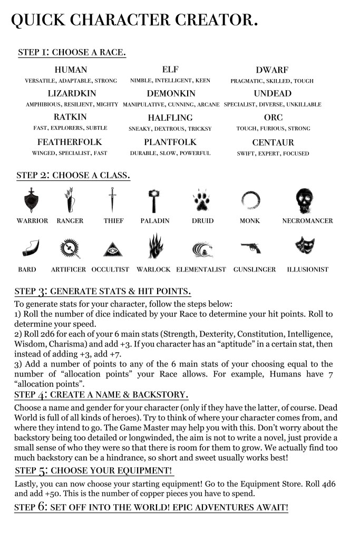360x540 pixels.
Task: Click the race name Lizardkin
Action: pos(71,93)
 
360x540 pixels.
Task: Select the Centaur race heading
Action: pos(273,142)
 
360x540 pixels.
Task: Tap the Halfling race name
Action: pos(170,118)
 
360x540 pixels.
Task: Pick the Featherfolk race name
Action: pos(70,142)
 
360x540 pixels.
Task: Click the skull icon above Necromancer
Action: pos(307,201)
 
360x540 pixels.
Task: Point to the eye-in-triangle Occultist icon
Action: pos(110,247)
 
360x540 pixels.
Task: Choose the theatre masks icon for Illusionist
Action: pos(307,246)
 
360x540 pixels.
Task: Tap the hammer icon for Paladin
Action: pos(155,201)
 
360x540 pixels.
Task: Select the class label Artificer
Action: pos(69,269)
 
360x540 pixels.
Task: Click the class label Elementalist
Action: pos(201,269)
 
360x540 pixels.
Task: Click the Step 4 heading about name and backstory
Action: pos(101,394)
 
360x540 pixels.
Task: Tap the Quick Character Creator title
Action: pos(134,20)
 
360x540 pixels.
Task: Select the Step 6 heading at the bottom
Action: pos(151,507)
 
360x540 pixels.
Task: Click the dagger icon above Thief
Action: pos(111,201)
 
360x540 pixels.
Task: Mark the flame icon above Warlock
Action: pos(155,246)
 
